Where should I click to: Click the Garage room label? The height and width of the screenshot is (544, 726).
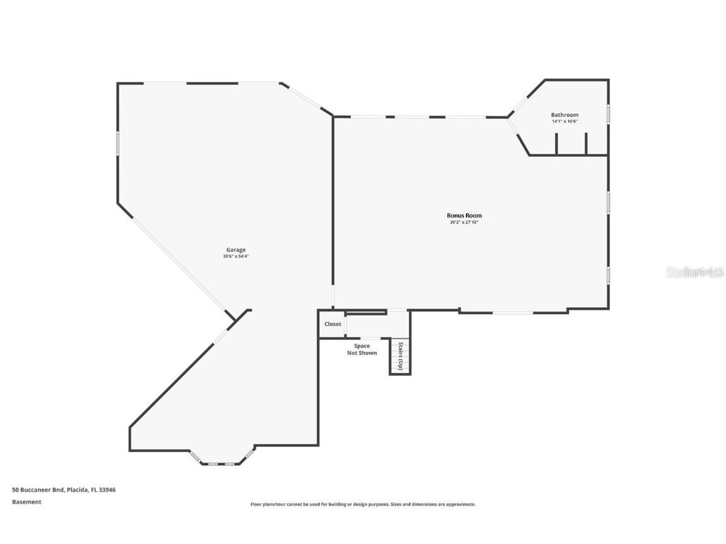click(236, 250)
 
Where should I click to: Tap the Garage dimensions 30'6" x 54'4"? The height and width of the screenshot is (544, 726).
click(236, 256)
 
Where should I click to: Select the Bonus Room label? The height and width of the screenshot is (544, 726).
click(464, 216)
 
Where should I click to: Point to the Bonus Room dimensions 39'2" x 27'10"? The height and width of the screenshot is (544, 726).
click(464, 222)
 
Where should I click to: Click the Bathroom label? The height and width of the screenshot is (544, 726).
click(564, 115)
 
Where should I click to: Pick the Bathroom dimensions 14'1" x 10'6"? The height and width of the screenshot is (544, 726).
click(564, 121)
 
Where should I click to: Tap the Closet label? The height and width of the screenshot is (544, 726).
click(333, 324)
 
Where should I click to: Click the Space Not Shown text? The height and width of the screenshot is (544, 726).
click(362, 349)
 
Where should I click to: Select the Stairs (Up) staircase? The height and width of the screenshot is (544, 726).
click(400, 357)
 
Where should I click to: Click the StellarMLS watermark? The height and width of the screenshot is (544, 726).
click(694, 273)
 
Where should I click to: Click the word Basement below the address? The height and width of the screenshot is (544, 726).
click(26, 502)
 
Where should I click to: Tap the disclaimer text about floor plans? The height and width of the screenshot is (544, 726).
click(363, 504)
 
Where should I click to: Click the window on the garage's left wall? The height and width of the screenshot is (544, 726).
click(117, 142)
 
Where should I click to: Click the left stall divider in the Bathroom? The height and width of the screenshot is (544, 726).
click(556, 144)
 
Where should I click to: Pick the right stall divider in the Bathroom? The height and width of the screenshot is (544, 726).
click(586, 144)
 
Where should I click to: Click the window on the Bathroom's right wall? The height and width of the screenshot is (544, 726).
click(608, 113)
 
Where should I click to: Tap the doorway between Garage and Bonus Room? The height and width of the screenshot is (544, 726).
click(333, 297)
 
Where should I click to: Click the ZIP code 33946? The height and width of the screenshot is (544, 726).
click(107, 489)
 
